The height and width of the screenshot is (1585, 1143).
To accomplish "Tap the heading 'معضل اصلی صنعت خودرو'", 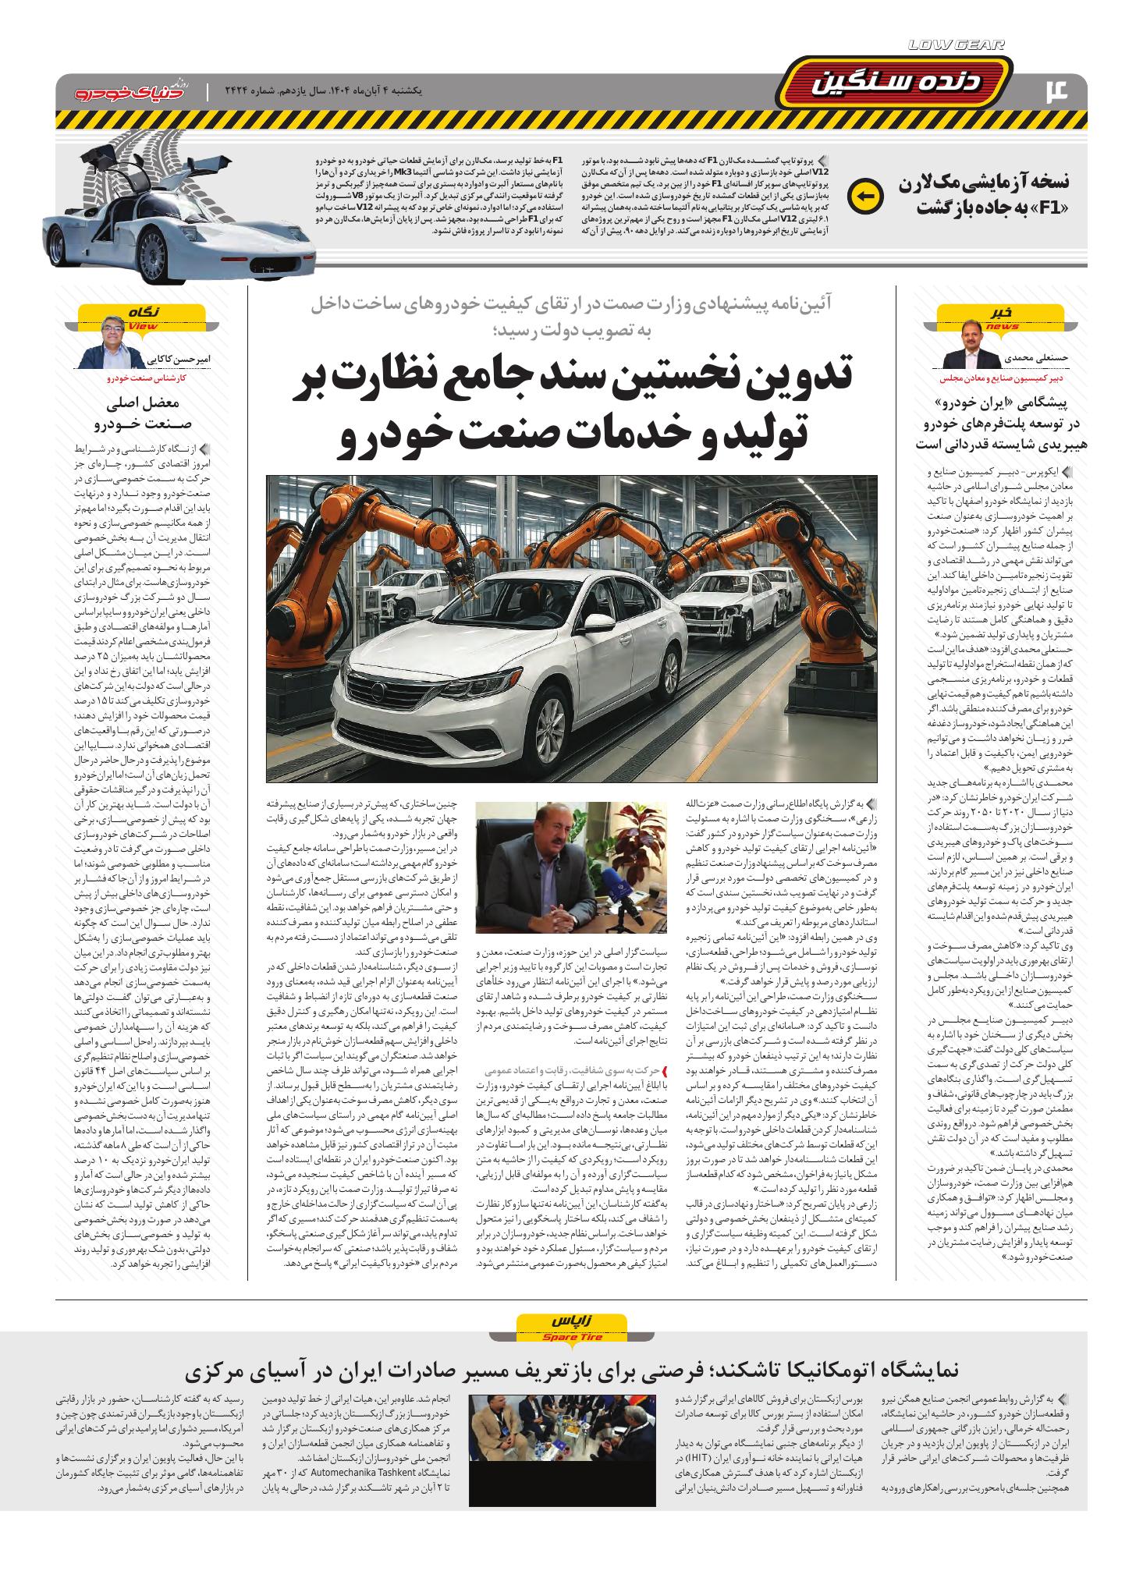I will pos(142,414).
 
